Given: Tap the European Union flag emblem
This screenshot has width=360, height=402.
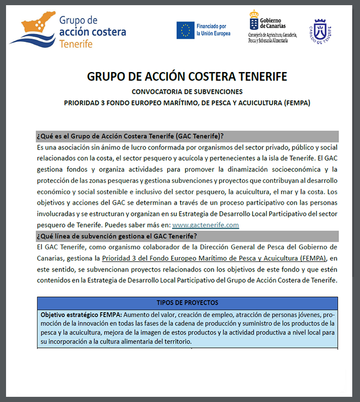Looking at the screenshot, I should point(185,30).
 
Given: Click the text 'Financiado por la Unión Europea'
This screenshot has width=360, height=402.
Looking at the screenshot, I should point(213,30).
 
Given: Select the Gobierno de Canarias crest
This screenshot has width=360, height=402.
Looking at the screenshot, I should point(254,19).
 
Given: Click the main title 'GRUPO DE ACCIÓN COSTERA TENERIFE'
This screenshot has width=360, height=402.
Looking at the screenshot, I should point(187,77).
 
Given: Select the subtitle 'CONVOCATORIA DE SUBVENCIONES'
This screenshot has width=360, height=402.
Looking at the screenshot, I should point(187,92).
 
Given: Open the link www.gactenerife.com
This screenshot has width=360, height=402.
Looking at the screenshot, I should point(205,225).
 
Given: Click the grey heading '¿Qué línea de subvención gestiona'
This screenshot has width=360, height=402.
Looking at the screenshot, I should point(117,236).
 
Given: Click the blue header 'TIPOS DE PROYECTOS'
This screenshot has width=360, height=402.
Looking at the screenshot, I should point(187,303).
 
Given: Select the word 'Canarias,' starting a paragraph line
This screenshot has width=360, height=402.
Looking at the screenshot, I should point(50,258).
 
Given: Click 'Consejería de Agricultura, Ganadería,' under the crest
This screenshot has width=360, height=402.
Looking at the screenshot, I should point(272,35).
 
